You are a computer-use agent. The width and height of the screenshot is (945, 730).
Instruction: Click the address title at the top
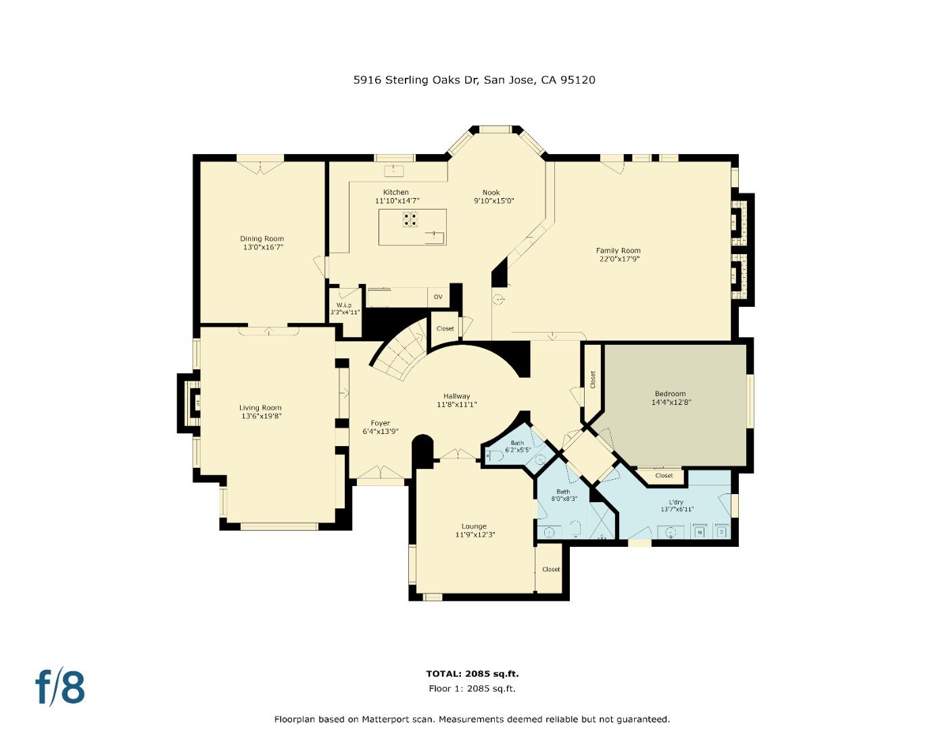474,80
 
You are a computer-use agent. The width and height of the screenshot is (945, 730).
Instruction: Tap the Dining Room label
262,239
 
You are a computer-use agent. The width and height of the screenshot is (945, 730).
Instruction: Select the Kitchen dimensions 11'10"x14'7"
397,201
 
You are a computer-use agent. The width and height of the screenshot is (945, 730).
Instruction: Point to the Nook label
491,193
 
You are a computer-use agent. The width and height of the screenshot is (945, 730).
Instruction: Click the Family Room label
618,251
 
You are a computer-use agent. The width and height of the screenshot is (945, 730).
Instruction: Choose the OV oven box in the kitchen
438,297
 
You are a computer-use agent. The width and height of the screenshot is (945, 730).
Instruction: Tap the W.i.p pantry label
344,306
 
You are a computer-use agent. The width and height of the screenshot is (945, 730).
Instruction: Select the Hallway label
456,396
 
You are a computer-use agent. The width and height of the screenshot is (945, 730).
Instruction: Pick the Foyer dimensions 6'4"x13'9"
380,431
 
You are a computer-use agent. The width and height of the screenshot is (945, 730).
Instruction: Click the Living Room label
260,408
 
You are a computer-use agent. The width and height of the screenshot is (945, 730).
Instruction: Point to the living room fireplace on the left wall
191,403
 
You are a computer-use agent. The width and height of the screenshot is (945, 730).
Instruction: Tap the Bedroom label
670,393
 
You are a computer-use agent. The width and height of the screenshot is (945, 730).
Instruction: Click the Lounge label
474,527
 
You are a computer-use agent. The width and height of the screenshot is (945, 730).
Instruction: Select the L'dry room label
676,502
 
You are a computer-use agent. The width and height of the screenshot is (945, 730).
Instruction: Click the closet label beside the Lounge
551,569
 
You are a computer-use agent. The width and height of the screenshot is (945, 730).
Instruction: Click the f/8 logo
60,687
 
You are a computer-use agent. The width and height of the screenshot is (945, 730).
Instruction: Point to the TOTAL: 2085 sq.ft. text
472,673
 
